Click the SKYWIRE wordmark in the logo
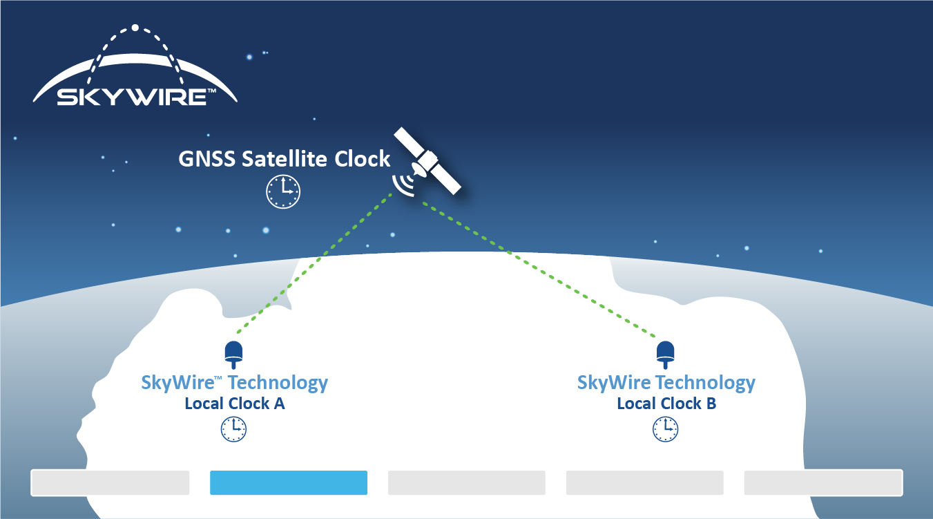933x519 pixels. point(132,97)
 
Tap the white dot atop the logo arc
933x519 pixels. point(135,28)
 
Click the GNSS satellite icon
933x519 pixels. point(427,161)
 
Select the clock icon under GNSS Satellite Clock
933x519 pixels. point(283,191)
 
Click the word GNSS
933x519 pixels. point(206,159)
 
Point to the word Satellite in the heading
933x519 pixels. point(285,159)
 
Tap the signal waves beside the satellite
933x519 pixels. point(403,185)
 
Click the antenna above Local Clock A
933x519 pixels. point(233,355)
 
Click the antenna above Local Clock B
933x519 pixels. point(665,355)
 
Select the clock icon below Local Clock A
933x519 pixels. point(233,429)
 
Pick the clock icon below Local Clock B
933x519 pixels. point(665,429)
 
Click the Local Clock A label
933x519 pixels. point(235,404)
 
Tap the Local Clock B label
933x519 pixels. point(666,404)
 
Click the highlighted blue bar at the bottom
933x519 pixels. point(289,483)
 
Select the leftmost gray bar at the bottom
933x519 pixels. point(110,483)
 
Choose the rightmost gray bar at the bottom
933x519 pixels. point(823,483)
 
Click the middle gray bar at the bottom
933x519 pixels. point(467,483)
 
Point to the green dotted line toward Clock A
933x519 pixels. point(314,263)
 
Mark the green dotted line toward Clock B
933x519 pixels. point(539,270)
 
